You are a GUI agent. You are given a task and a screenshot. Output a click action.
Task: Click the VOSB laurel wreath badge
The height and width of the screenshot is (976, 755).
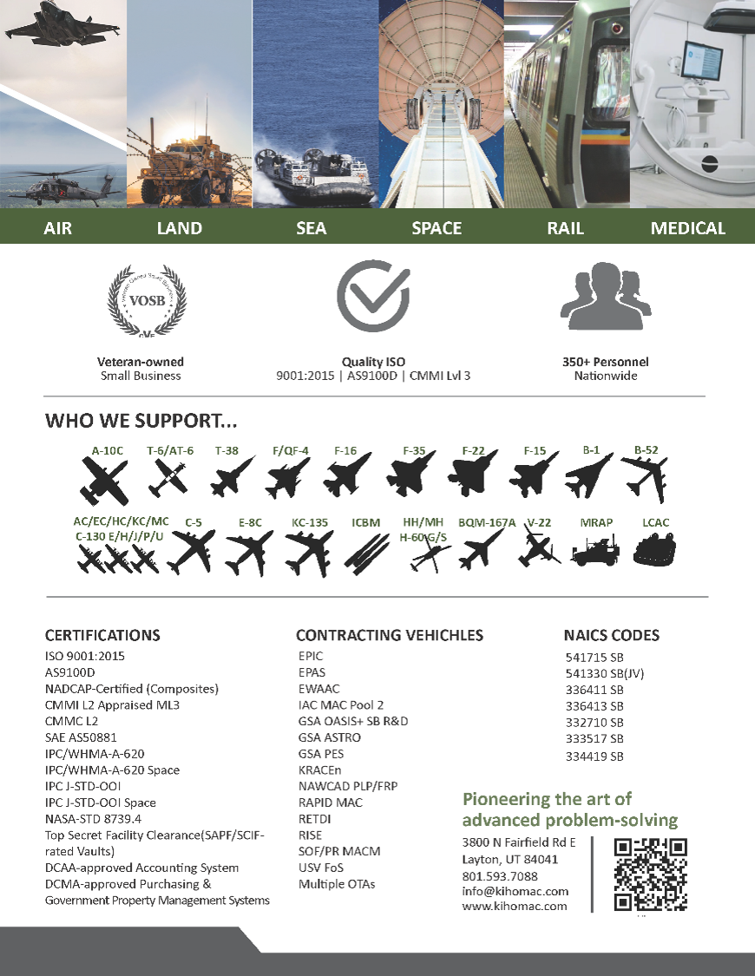147,302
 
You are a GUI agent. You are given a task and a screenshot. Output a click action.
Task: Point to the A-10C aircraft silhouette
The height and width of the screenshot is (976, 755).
104,481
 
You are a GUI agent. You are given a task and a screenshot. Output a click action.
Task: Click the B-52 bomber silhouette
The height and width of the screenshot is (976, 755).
645,478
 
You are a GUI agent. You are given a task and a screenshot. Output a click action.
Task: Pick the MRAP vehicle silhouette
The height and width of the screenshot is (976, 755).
595,550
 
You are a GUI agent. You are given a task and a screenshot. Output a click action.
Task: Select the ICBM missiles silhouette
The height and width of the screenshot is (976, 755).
365,550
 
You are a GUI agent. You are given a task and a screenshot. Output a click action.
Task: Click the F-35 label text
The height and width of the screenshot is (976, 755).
414,450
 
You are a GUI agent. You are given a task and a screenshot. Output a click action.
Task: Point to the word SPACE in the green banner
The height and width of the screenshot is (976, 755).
437,228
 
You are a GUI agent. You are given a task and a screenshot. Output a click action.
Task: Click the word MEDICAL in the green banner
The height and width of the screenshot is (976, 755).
687,228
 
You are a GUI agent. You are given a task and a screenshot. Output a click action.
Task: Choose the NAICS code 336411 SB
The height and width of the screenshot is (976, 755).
594,690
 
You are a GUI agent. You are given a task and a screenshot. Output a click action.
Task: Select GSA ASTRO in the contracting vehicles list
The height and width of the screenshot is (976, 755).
330,737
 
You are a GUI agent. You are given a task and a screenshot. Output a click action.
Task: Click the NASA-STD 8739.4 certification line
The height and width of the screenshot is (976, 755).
93,818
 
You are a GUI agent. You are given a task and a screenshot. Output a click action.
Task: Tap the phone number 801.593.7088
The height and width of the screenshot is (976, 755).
500,875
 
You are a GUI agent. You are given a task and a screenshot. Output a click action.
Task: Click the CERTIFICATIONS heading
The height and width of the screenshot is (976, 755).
102,635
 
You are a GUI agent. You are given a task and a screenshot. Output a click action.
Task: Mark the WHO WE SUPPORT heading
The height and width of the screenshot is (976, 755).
141,422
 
